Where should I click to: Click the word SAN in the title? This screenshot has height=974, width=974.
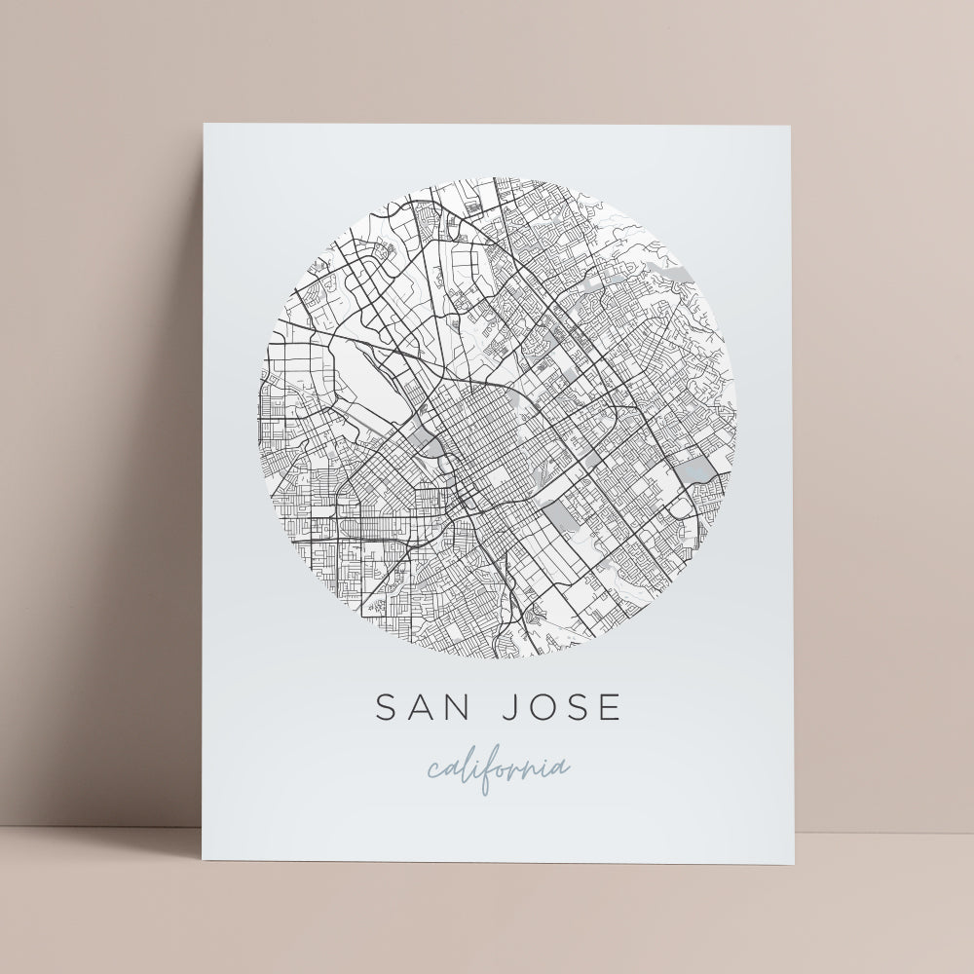(x=421, y=708)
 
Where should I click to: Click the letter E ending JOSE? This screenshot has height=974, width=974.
(x=609, y=708)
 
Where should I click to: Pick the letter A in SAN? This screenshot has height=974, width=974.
(x=420, y=708)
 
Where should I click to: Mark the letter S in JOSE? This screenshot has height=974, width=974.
(x=576, y=708)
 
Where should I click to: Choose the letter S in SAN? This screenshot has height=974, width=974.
(x=387, y=708)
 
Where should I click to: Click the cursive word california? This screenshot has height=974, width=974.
(x=498, y=768)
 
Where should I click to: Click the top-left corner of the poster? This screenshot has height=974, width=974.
(x=204, y=124)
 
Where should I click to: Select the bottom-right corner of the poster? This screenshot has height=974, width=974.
(x=795, y=864)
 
